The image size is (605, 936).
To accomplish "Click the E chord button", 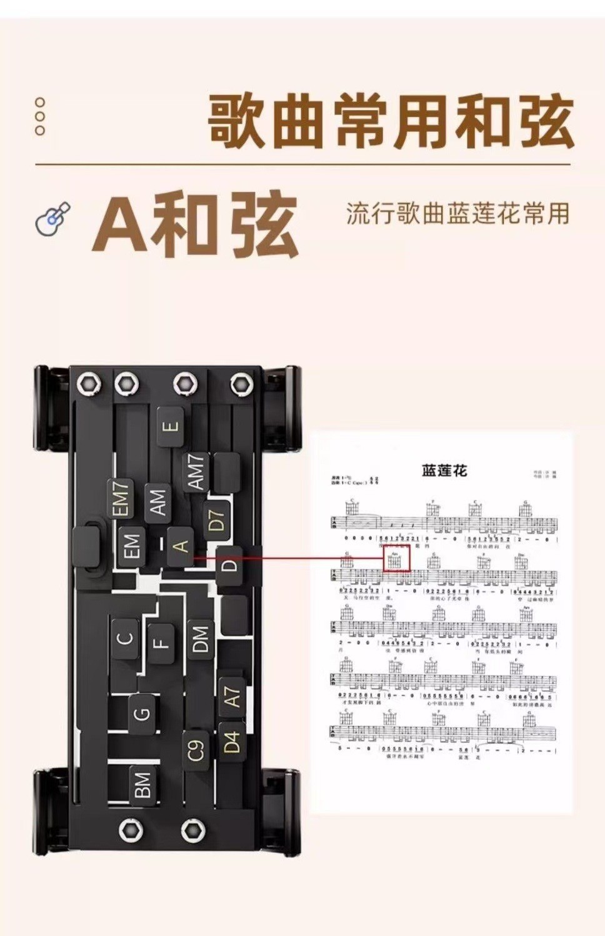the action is click(x=171, y=427).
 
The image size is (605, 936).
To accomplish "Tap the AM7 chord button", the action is click(x=196, y=472).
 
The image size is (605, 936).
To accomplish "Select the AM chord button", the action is click(x=159, y=502).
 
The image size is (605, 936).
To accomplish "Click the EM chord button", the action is click(x=132, y=546).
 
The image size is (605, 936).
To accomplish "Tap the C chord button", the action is click(x=126, y=639).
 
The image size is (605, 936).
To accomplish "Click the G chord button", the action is click(x=142, y=713).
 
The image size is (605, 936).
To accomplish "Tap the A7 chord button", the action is click(x=231, y=697).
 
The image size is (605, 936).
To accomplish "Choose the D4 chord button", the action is click(x=231, y=742).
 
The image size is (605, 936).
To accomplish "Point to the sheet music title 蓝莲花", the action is click(x=444, y=470).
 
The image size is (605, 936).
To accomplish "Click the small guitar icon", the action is click(x=54, y=219).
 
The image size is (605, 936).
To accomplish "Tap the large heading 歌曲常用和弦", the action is click(x=390, y=122).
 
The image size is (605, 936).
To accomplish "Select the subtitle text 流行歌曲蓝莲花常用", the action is click(x=457, y=214).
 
